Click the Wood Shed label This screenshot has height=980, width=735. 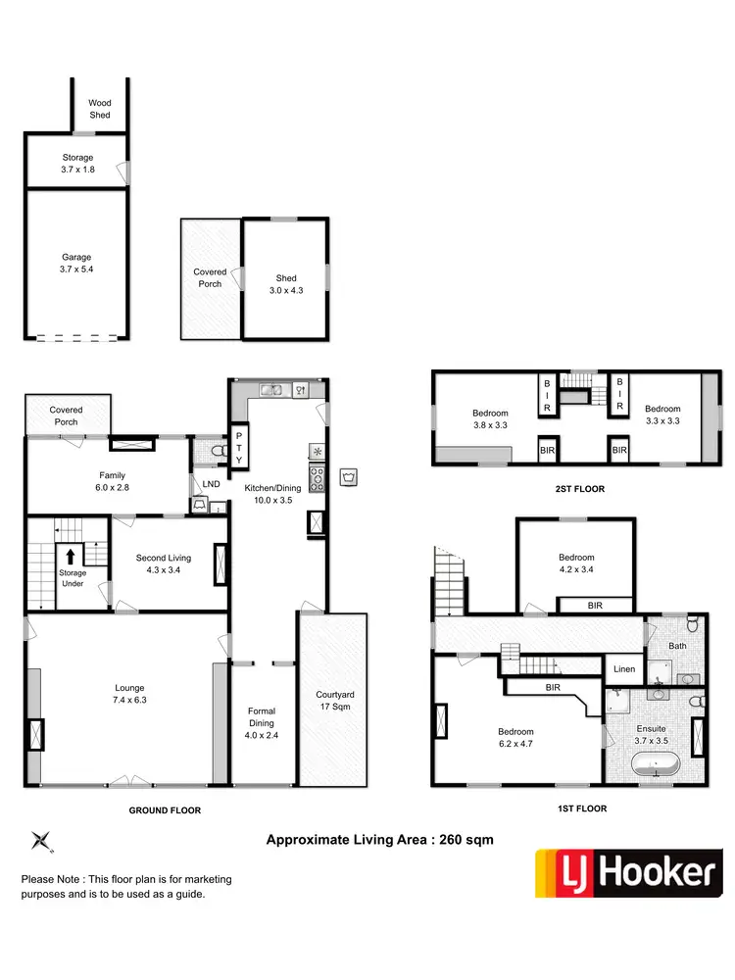point(100,109)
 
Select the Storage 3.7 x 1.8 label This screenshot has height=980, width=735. point(76,163)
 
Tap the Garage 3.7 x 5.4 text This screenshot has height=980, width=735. point(76,264)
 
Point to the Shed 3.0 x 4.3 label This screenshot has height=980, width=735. point(286,284)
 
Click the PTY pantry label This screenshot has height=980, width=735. point(239,448)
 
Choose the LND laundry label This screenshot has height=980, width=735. point(211,484)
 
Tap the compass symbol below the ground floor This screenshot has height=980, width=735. point(42,840)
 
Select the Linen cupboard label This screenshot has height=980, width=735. point(624,669)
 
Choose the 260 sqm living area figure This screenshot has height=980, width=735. point(465,839)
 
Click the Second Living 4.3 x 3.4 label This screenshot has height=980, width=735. point(163,563)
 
